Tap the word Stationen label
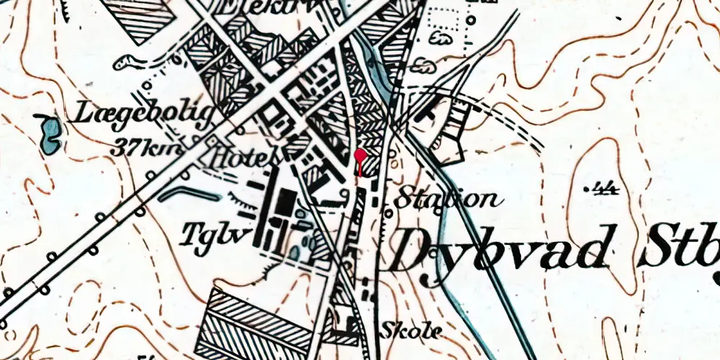click(446, 198)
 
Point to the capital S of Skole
click(389, 330)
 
